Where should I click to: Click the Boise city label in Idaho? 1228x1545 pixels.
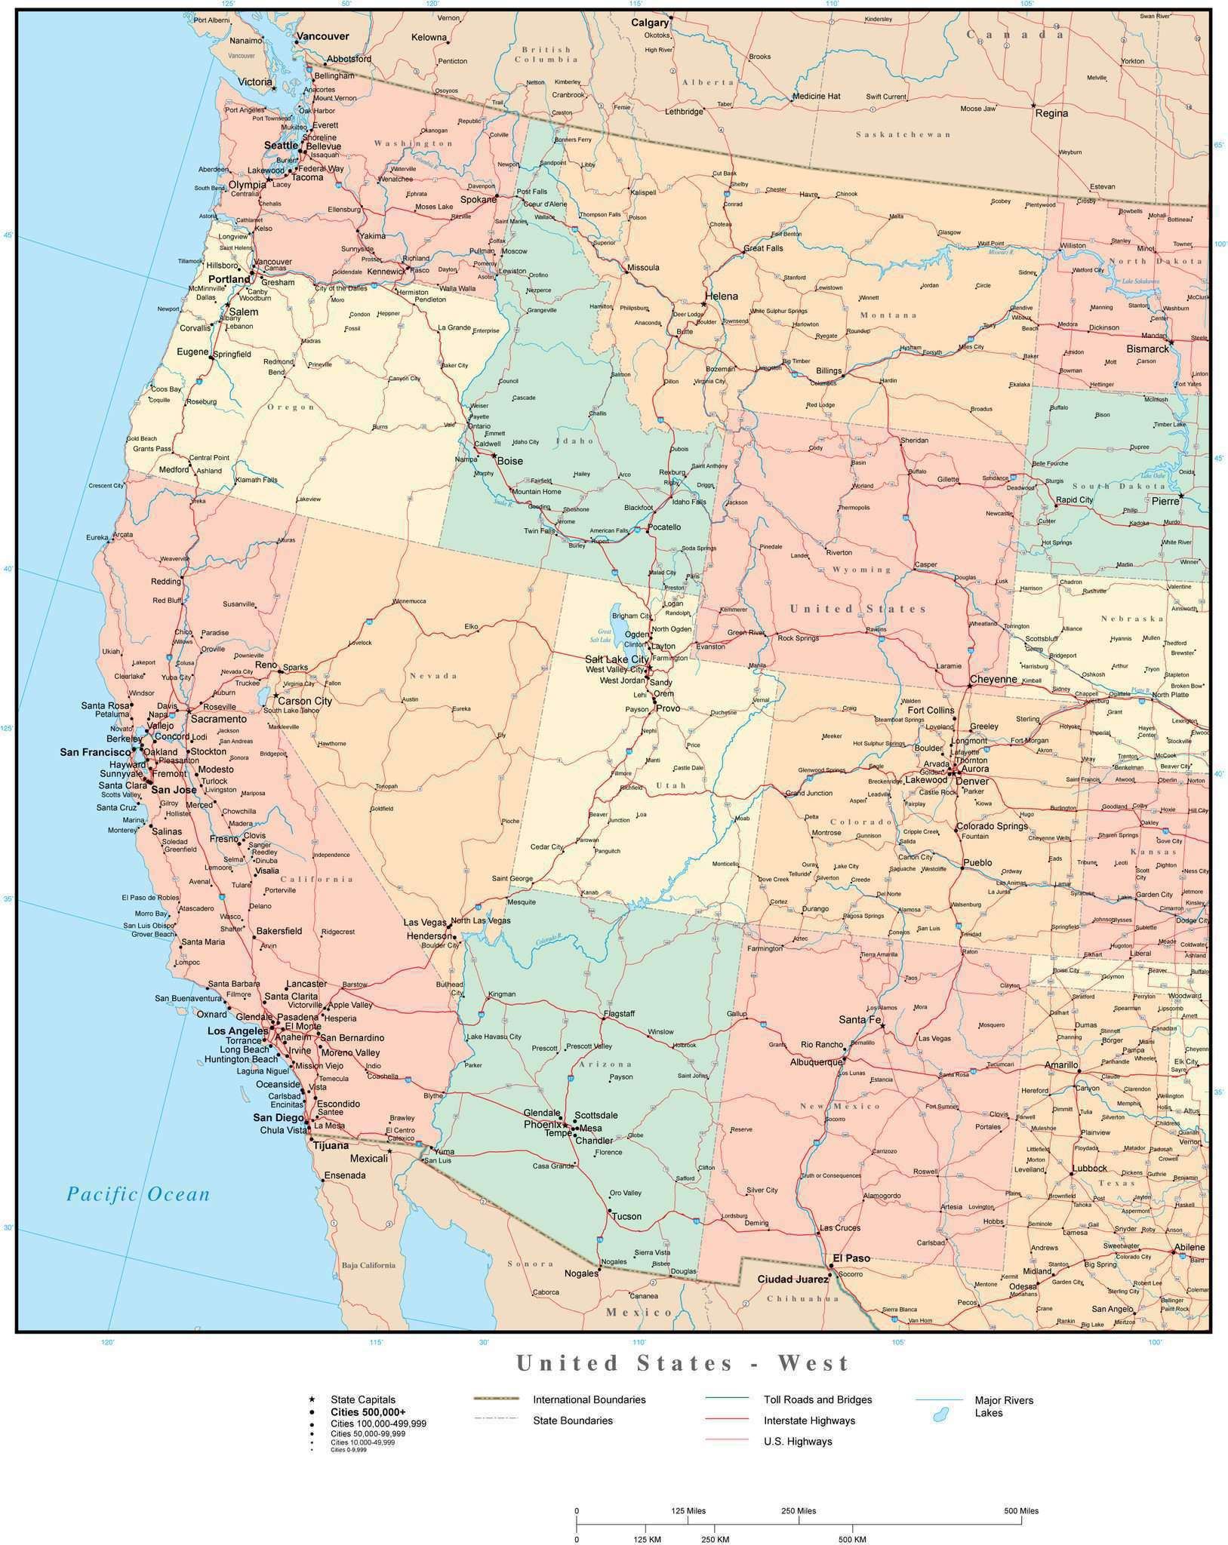509,461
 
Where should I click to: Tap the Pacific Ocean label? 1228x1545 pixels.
137,1193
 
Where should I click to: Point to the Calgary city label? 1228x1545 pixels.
650,23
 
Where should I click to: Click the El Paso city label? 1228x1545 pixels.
851,1258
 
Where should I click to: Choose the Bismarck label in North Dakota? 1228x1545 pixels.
1147,349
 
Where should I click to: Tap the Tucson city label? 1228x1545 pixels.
626,1216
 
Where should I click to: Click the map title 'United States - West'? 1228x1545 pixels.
683,1363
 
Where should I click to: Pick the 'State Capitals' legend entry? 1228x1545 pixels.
363,1399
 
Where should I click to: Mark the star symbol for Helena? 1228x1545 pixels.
703,304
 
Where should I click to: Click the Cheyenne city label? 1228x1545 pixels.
993,679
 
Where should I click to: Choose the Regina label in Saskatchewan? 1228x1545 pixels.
1051,113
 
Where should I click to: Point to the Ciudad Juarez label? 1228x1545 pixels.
792,1279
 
